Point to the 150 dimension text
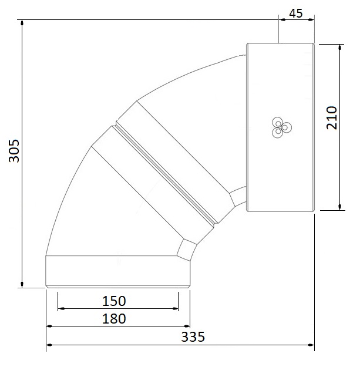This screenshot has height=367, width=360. [114, 301]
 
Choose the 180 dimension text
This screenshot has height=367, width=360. [114, 319]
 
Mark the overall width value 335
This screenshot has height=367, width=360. [192, 337]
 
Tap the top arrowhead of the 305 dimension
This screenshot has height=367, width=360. [22, 24]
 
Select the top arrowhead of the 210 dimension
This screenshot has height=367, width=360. [339, 47]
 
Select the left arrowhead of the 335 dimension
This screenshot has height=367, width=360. [49, 345]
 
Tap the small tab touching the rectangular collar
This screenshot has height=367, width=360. [239, 197]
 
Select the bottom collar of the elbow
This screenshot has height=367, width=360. [117, 271]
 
